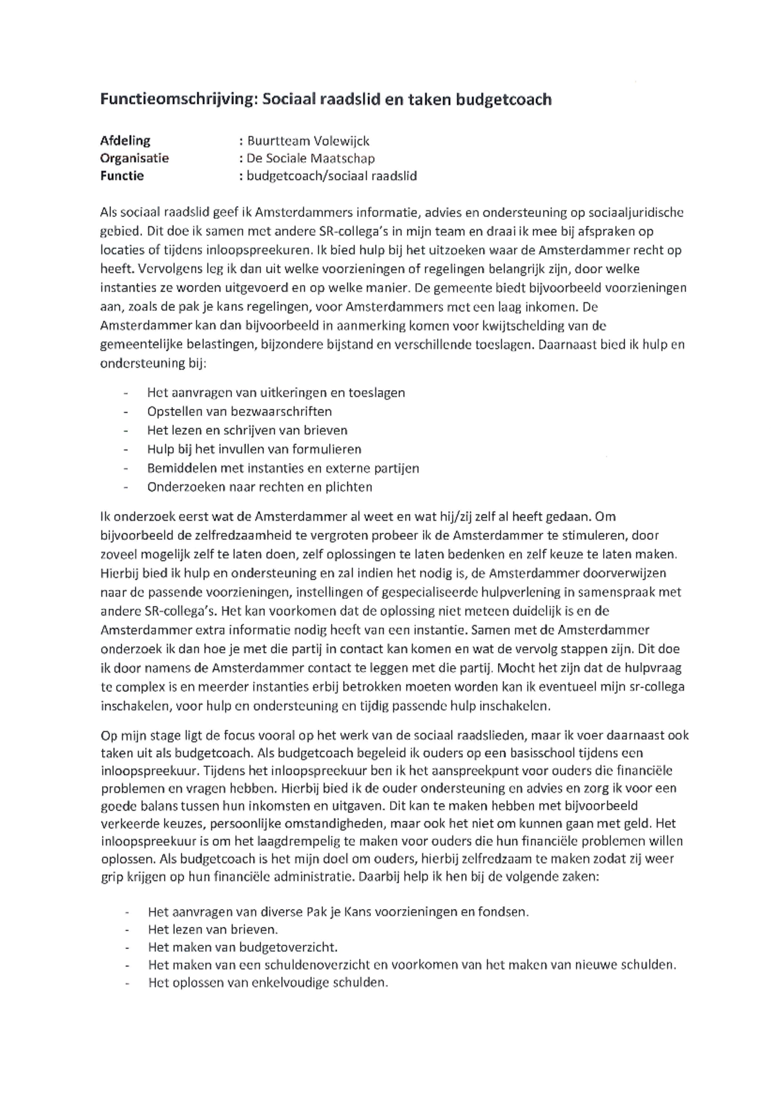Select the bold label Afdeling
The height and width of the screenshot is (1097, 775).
125,140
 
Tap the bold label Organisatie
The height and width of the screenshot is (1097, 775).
134,158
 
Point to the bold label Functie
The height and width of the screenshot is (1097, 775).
122,175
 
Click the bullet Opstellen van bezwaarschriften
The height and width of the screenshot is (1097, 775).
239,412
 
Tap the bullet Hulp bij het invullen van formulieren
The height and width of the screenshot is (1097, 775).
254,449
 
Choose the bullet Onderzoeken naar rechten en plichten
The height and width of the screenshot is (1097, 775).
260,487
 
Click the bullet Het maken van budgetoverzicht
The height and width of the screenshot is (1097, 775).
243,948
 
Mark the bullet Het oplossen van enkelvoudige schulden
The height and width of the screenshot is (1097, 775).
268,983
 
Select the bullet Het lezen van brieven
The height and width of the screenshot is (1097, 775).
212,930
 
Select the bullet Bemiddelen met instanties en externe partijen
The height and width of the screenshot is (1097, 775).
283,468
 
